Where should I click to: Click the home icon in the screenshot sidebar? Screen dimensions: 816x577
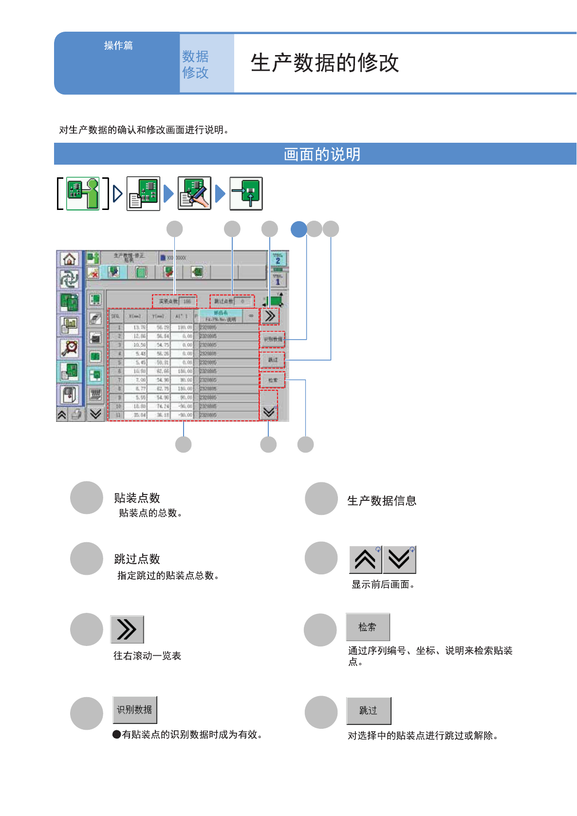tap(69, 259)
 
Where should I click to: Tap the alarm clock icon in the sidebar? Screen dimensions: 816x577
tap(70, 348)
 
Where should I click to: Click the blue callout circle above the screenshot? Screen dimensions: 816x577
tap(298, 229)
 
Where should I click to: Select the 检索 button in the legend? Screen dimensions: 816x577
tap(368, 627)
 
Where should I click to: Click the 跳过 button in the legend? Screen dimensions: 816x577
tap(369, 711)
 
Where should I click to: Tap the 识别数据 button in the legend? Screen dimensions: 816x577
tap(134, 710)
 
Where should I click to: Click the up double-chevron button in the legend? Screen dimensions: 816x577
tap(365, 560)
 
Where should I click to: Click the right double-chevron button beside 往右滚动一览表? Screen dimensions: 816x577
tap(127, 629)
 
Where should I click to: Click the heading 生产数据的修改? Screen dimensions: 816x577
tap(325, 63)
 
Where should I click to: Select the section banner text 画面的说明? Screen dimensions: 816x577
tap(322, 154)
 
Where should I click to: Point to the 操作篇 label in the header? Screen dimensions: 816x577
tap(118, 45)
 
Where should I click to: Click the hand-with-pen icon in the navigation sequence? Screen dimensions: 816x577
tap(194, 193)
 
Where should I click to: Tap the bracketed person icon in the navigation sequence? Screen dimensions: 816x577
tap(83, 193)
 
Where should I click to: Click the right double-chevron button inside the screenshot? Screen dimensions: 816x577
tap(270, 316)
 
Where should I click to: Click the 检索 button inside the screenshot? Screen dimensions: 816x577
tap(272, 380)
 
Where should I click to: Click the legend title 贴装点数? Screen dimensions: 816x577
tap(137, 498)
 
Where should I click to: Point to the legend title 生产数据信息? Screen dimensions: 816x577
tap(382, 501)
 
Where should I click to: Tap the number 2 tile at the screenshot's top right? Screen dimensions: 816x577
tap(278, 259)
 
